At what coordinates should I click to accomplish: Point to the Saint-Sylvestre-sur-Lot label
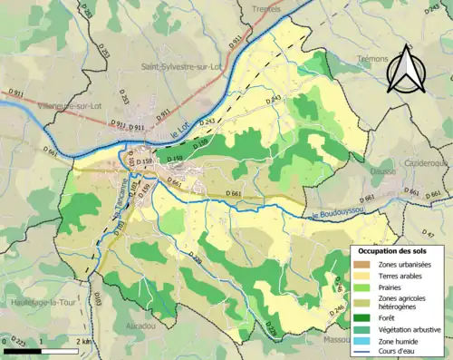(181, 66)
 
